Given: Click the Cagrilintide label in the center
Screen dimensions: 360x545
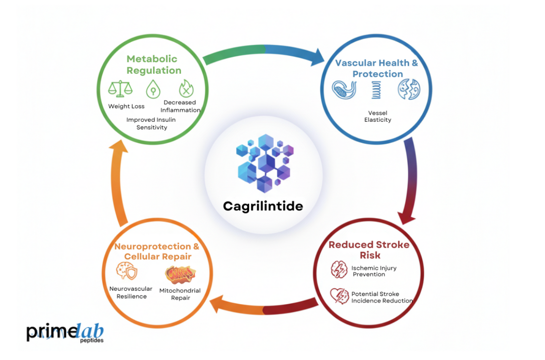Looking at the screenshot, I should click(263, 206).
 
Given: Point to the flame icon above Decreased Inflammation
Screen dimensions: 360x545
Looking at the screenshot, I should click(186, 89).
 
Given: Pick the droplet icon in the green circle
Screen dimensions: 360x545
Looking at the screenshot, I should click(153, 90).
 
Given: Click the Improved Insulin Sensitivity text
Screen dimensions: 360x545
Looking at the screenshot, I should click(152, 123).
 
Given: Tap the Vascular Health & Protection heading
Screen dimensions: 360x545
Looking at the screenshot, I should click(377, 68).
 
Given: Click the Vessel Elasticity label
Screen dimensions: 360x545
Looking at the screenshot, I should click(378, 116).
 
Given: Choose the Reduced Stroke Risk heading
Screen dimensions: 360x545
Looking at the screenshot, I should click(369, 250).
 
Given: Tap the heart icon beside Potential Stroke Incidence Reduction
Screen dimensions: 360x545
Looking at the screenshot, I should click(339, 297).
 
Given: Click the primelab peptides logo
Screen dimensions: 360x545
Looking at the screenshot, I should click(65, 333).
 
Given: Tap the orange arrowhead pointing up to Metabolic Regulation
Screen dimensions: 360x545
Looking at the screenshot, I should click(118, 147).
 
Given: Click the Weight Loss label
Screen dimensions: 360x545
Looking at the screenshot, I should click(126, 106).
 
